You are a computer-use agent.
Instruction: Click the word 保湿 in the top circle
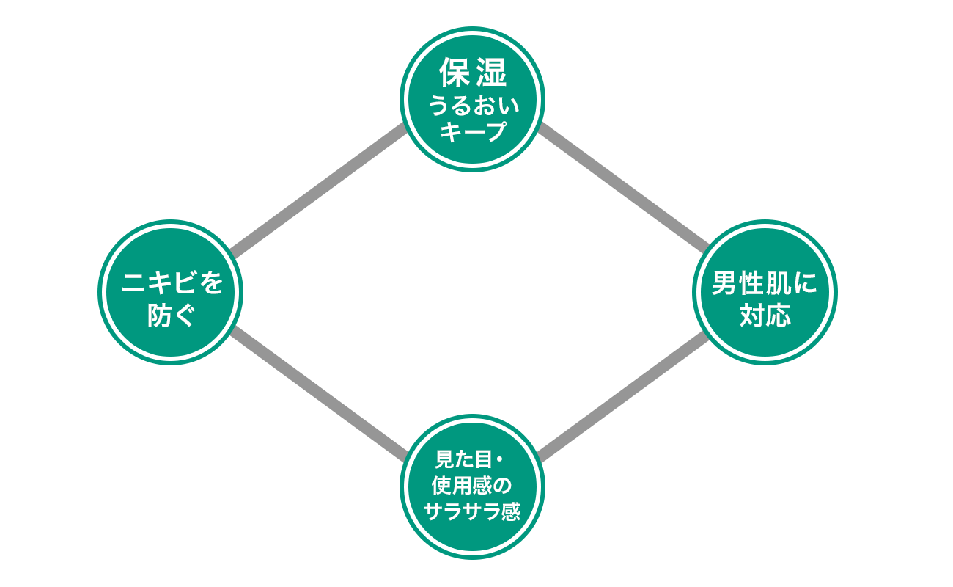[473, 73]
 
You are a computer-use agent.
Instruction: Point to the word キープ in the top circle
[473, 133]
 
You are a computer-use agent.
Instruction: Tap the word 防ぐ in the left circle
[172, 317]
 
